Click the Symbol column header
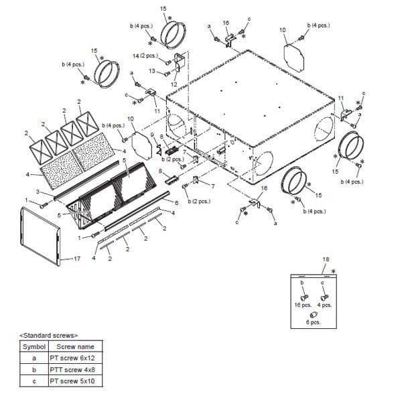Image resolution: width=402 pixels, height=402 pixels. pos(33,346)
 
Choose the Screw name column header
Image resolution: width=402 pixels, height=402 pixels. pos(75,346)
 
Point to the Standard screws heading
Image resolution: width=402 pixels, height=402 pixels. pos(50,334)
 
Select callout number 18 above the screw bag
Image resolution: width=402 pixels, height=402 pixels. pos(326,259)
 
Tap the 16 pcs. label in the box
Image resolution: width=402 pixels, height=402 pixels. pos(303,305)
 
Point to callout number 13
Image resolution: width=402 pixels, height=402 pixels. pos(152,70)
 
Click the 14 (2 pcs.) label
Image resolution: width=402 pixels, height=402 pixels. pos(144,56)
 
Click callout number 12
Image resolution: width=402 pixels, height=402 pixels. pos(174,84)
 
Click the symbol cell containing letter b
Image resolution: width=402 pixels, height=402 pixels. pos(33,369)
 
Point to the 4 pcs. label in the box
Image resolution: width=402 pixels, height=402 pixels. pos(324,305)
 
